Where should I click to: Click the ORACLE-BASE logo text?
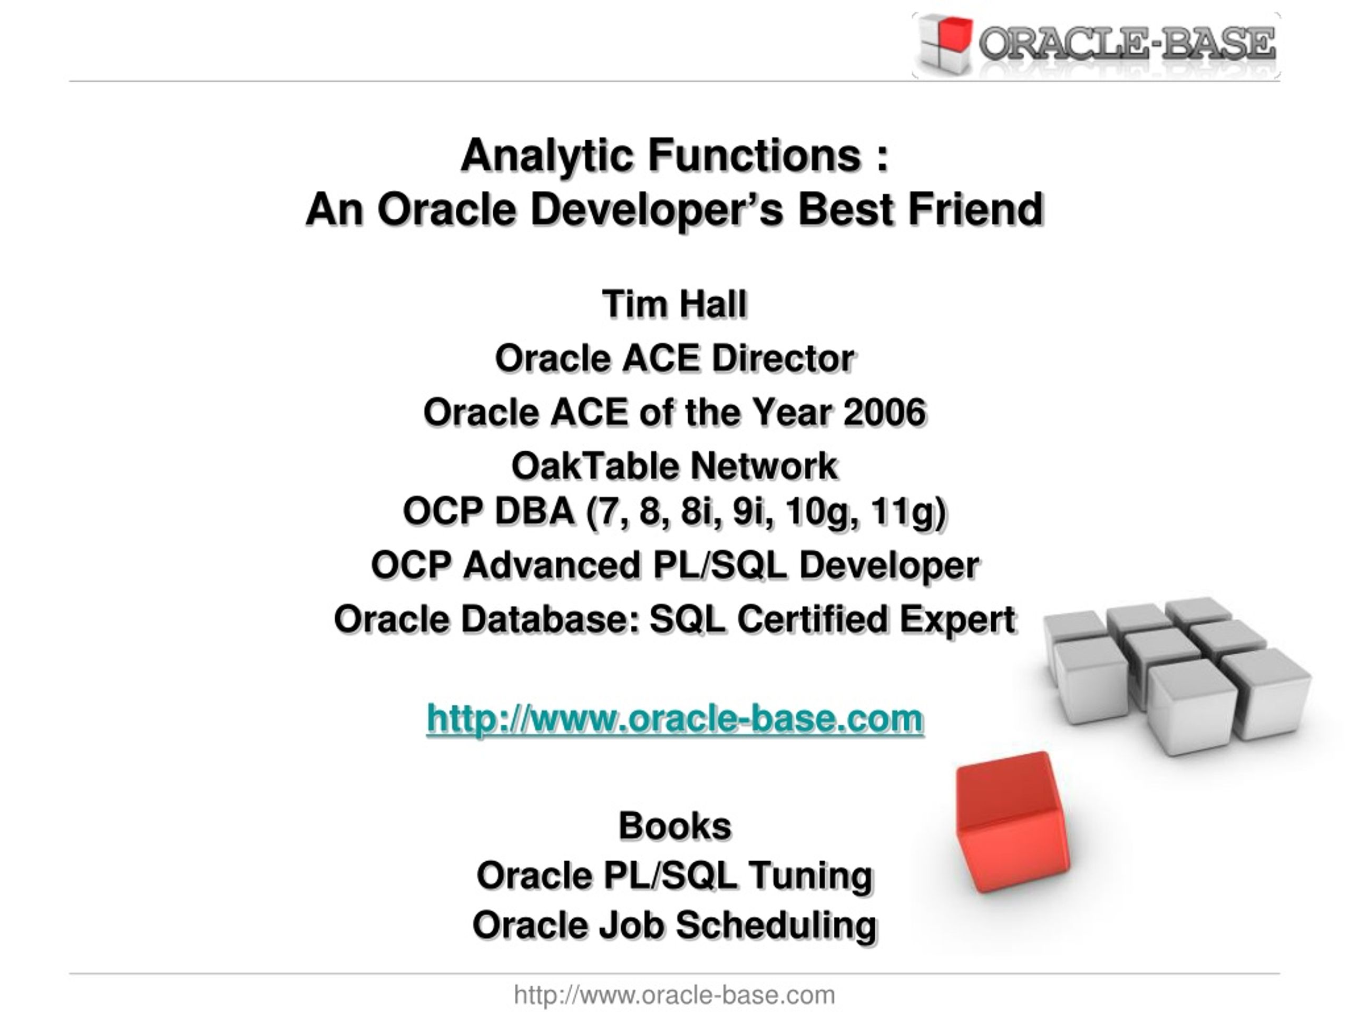click(1127, 44)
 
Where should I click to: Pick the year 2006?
click(885, 412)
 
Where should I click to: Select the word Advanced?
click(551, 565)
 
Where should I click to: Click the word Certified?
click(813, 619)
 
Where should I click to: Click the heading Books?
click(675, 826)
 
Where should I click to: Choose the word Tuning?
click(811, 876)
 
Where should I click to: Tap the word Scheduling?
click(776, 926)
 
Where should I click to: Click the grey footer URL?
click(674, 995)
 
